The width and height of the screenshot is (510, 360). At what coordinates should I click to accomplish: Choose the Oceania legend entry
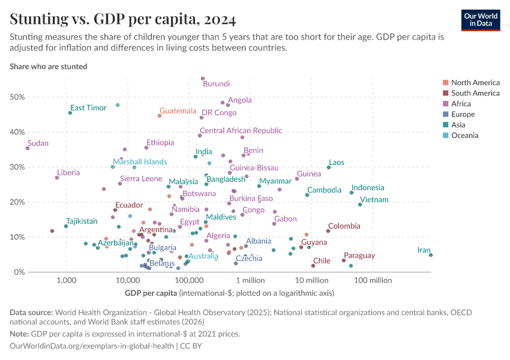pyautogui.click(x=464, y=136)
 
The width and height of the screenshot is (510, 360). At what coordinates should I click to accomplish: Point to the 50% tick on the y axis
pyautogui.click(x=17, y=97)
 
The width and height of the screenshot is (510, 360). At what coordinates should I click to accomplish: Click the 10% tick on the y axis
pyautogui.click(x=17, y=238)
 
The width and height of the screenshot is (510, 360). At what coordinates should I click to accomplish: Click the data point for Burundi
pyautogui.click(x=203, y=79)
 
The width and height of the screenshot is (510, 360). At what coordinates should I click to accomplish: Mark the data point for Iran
pyautogui.click(x=431, y=255)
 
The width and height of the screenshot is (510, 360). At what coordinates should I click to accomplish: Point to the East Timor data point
pyautogui.click(x=70, y=113)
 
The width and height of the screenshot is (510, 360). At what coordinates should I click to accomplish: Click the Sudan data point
pyautogui.click(x=28, y=148)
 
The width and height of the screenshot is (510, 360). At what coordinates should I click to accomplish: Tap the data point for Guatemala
pyautogui.click(x=160, y=116)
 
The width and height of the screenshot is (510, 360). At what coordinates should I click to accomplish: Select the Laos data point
pyautogui.click(x=329, y=167)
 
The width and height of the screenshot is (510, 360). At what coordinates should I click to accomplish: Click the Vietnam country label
pyautogui.click(x=374, y=200)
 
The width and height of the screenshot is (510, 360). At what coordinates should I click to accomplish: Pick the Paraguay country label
pyautogui.click(x=359, y=256)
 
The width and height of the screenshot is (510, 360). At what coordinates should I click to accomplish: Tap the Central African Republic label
pyautogui.click(x=241, y=130)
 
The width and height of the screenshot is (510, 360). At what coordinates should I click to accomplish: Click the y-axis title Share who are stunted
pyautogui.click(x=49, y=67)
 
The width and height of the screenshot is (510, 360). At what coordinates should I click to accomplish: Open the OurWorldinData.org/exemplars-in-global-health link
pyautogui.click(x=92, y=346)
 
